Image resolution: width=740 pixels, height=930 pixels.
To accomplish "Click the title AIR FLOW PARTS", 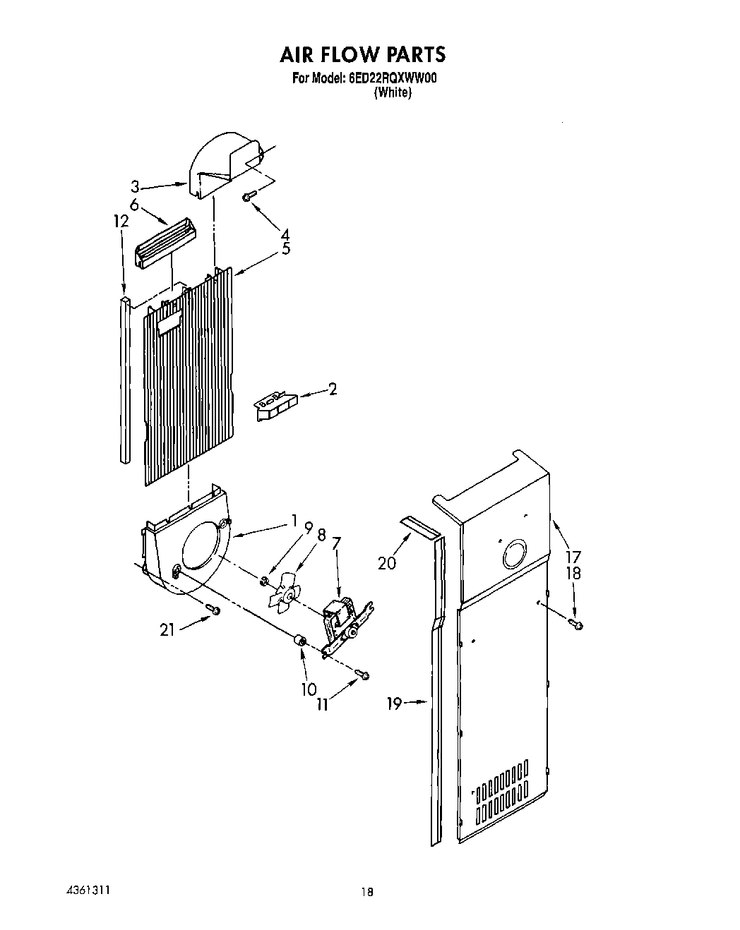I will coord(363,54).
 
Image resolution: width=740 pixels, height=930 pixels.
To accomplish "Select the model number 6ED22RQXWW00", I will coord(393,80).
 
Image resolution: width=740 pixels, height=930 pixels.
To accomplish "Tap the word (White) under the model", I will coord(392,92).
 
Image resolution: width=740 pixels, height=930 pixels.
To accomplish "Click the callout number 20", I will coord(387,562).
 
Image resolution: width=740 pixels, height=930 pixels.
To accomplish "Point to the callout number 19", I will coord(395,703).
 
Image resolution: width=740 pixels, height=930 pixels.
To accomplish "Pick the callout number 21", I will coord(167,630).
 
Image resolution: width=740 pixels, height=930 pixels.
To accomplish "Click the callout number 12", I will coord(121,221).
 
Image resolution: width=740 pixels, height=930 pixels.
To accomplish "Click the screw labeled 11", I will coord(364,675).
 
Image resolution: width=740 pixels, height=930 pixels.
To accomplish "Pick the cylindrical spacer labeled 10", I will coord(299,641).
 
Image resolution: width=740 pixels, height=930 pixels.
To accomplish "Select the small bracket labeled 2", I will coord(276,407).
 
